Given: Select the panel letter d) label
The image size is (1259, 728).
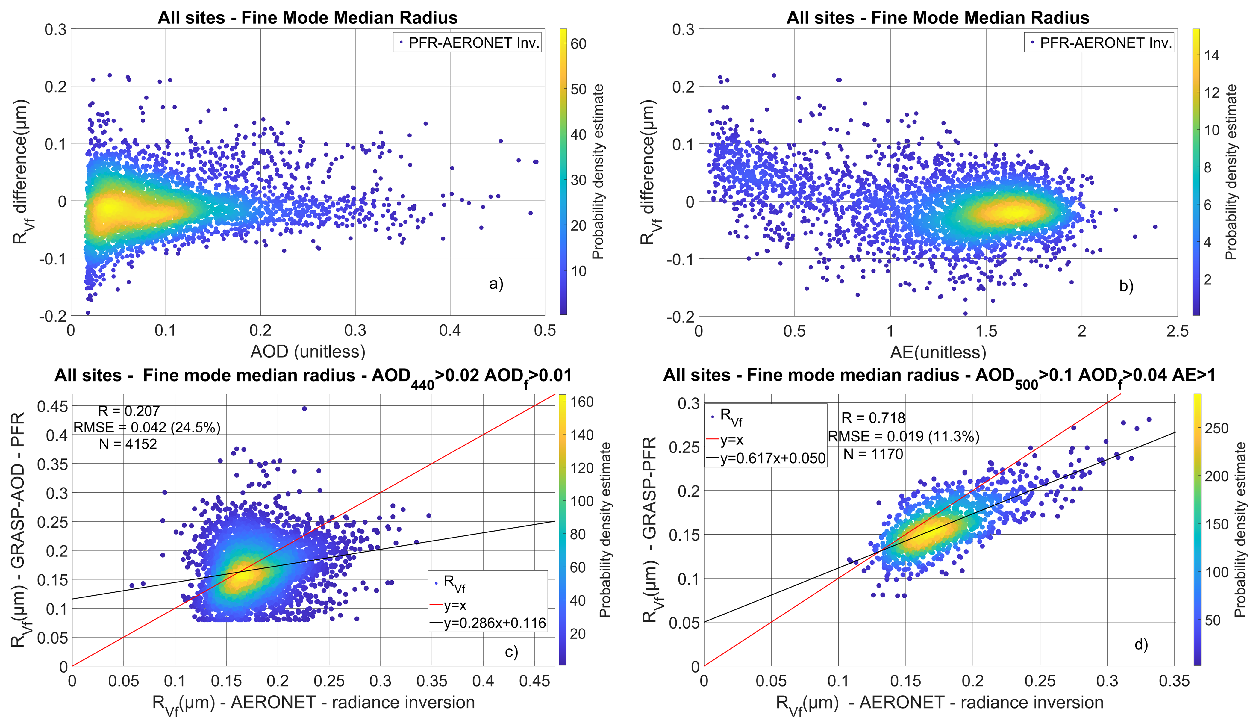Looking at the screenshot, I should [1141, 644].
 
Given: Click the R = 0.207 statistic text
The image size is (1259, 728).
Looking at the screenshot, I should [129, 411].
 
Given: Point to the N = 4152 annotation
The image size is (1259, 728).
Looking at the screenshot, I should [128, 444].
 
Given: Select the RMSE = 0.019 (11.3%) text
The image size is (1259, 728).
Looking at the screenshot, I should [903, 436].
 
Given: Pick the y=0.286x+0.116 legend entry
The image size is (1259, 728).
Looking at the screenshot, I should [495, 623].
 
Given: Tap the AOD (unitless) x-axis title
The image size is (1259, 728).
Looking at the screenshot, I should [308, 352].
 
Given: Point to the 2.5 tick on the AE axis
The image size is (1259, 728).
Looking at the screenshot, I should [1177, 331].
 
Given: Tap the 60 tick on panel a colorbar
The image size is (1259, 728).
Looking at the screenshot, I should [578, 44].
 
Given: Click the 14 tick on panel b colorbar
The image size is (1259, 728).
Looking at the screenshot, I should [1211, 55].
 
